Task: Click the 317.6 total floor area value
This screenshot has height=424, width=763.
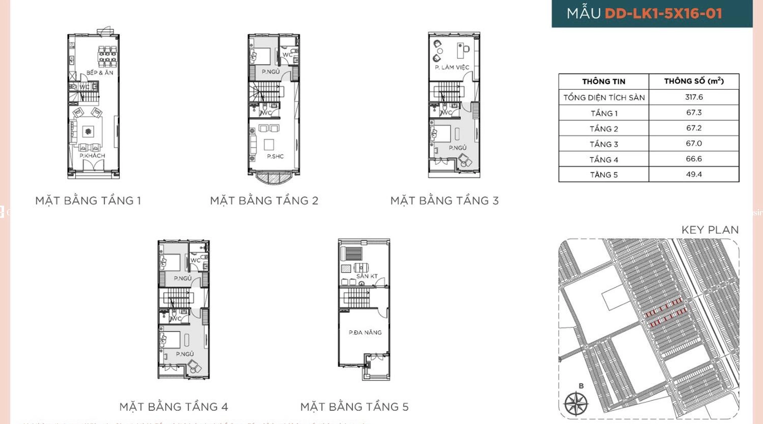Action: coord(693,97)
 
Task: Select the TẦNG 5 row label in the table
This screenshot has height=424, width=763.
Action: coord(603,175)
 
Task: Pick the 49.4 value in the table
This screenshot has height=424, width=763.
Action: coord(693,174)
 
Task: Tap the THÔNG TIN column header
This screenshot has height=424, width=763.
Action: coord(603,81)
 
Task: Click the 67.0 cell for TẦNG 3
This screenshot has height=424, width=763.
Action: coord(693,143)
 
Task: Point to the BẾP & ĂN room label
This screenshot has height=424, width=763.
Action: coord(100,73)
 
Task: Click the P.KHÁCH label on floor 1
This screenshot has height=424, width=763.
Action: coord(92,156)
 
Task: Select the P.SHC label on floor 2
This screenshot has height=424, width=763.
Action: coord(275,157)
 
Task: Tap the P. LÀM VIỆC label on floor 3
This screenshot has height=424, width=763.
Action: coord(452,68)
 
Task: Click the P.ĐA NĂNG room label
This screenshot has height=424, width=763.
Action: coord(365,332)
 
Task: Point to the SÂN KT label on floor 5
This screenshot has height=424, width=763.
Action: coord(367,276)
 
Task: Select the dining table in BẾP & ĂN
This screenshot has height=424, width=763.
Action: coord(107,56)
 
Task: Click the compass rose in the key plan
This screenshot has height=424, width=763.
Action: coord(576,404)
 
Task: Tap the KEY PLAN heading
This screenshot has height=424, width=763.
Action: coord(710,230)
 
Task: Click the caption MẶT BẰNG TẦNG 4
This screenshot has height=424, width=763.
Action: coord(174,407)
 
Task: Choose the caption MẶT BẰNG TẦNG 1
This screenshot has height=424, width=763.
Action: coord(88,201)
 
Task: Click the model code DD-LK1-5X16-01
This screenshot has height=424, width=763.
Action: coord(663,14)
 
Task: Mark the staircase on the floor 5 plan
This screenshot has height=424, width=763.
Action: coord(356,297)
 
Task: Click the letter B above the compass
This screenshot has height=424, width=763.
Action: coord(581,386)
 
